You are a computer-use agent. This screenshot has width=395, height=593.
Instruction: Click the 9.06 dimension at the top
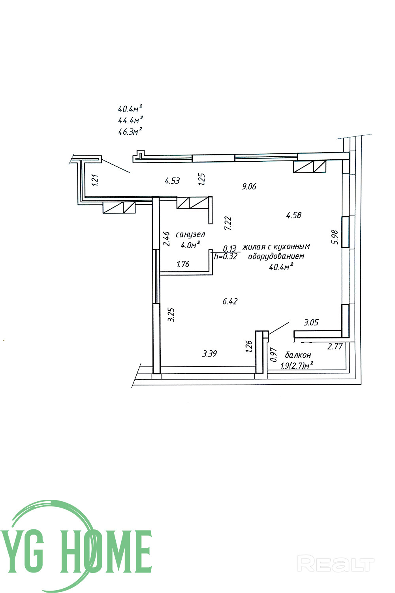pyautogui.click(x=249, y=186)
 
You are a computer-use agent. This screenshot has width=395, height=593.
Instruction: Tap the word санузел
pyautogui.click(x=191, y=234)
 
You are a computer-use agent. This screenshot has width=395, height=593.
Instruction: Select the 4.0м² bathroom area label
pyautogui.click(x=190, y=245)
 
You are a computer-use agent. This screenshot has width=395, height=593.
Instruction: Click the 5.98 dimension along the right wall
pyautogui.click(x=335, y=237)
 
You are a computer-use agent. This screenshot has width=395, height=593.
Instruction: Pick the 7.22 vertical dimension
pyautogui.click(x=228, y=223)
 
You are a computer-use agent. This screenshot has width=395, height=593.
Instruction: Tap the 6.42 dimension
pyautogui.click(x=230, y=301)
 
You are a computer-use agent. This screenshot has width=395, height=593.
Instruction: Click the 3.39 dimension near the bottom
pyautogui.click(x=209, y=354)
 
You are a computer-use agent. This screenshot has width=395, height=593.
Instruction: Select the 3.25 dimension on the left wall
pyautogui.click(x=171, y=315)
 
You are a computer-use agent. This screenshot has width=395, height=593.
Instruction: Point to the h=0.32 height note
pyautogui.click(x=225, y=256)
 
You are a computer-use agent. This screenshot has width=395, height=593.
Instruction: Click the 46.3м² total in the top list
pyautogui.click(x=130, y=132)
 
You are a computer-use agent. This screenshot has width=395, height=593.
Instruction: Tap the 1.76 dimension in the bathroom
pyautogui.click(x=183, y=264)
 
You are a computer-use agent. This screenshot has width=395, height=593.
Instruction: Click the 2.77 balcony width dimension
pyautogui.click(x=335, y=347)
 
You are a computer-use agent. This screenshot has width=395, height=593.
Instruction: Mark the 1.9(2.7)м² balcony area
pyautogui.click(x=297, y=366)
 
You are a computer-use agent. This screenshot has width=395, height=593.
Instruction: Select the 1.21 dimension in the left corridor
pyautogui.click(x=94, y=180)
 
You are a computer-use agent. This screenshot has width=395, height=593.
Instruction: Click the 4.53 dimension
pyautogui.click(x=172, y=181)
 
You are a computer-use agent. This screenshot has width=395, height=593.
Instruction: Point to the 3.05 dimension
pyautogui.click(x=311, y=323)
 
